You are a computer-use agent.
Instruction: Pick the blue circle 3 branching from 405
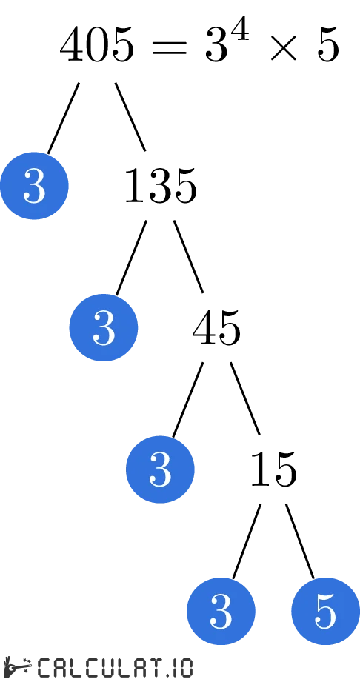tap(34, 186)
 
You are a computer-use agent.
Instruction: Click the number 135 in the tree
tap(160, 186)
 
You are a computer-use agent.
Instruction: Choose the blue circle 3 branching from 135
tap(104, 327)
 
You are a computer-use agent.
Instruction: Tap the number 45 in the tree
tap(216, 328)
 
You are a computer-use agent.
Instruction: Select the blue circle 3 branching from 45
tap(160, 469)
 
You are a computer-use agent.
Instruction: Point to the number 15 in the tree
tap(273, 469)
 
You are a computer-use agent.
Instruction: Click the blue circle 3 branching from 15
tap(221, 611)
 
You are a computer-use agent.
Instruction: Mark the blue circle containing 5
tap(325, 611)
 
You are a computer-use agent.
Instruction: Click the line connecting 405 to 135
tap(130, 116)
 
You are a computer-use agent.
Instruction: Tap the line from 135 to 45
tap(188, 257)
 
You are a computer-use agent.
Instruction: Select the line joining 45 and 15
tap(245, 398)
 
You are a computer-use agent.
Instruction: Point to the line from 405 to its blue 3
tap(63, 118)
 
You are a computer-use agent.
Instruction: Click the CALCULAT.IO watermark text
tap(115, 667)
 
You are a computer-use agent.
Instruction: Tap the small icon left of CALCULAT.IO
tap(17, 666)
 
